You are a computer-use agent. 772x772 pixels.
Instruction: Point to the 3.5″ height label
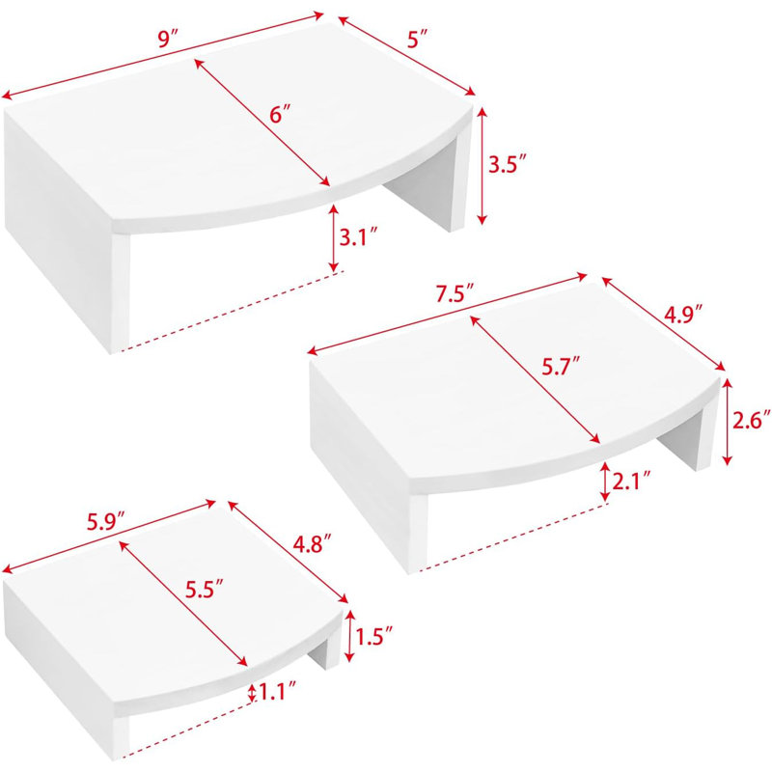click(x=504, y=164)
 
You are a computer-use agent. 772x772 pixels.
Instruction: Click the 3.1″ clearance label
click(x=358, y=237)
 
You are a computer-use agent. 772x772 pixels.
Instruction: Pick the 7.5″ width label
click(x=454, y=295)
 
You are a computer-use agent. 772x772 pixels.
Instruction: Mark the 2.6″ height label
click(x=752, y=421)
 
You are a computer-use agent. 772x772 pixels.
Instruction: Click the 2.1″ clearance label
click(x=632, y=481)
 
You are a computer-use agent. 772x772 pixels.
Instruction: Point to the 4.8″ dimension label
click(x=312, y=545)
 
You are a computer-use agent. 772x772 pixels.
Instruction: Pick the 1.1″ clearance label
click(x=277, y=693)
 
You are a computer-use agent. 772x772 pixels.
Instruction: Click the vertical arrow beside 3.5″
click(x=482, y=166)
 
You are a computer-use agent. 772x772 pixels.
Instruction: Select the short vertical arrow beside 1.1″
click(x=252, y=693)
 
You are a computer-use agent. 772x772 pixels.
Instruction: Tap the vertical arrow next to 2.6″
click(x=727, y=422)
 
